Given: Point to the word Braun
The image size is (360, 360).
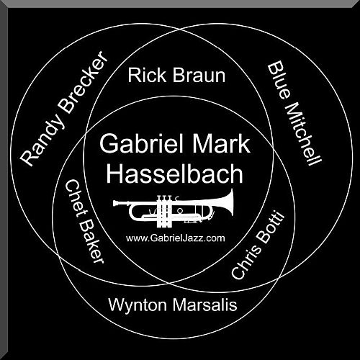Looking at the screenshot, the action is [x=199, y=76].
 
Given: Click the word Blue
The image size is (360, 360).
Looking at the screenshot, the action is [x=279, y=80].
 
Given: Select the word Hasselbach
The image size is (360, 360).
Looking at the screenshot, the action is [x=175, y=174].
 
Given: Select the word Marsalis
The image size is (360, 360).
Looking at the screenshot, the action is [x=205, y=305].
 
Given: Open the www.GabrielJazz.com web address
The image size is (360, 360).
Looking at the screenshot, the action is [x=176, y=238].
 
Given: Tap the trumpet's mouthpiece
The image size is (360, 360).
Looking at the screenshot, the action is [x=117, y=204].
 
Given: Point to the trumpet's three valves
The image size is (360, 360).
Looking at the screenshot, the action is [x=164, y=211].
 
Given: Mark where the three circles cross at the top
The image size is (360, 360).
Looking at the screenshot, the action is [x=179, y=30].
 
